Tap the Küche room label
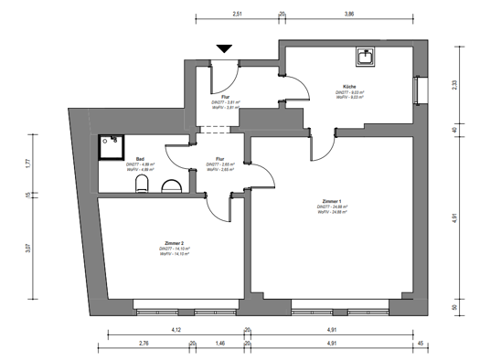coord(350,85)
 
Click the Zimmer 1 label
coord(332,201)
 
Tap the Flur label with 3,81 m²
coord(225,96)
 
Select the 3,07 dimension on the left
coord(28,249)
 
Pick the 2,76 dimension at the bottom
coord(144,344)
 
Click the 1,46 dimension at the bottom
coord(219,344)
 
